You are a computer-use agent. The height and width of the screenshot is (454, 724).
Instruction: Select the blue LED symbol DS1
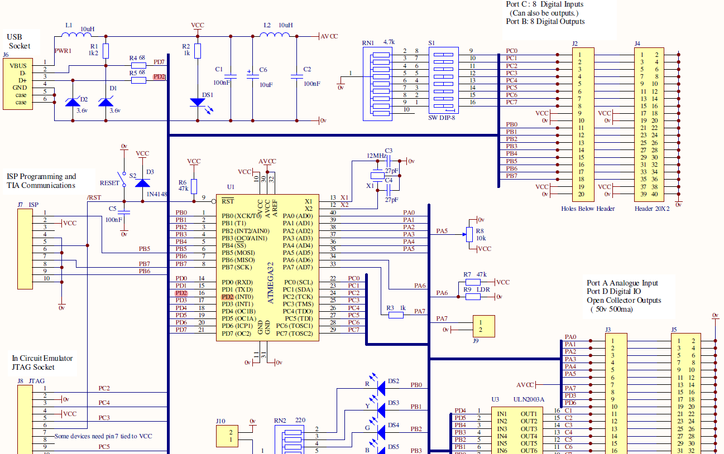click(x=198, y=103)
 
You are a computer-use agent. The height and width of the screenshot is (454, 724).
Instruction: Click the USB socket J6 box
click(x=21, y=84)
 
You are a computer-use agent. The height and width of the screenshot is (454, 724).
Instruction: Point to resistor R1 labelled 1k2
click(x=106, y=51)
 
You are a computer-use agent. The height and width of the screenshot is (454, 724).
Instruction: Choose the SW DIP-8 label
click(x=442, y=118)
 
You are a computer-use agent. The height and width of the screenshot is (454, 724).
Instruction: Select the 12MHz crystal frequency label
click(x=376, y=156)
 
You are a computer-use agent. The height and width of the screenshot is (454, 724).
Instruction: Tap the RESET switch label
click(x=109, y=183)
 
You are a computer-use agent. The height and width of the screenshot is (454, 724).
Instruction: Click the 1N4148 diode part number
click(x=157, y=194)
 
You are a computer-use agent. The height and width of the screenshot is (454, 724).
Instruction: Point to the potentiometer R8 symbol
click(x=469, y=234)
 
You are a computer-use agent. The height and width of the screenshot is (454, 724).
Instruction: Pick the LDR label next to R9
click(x=483, y=289)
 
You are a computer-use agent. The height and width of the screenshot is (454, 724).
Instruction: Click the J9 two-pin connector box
click(x=483, y=326)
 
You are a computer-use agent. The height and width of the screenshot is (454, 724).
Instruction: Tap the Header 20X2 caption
click(x=653, y=209)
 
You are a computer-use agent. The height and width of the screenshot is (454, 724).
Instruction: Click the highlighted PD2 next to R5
click(x=159, y=77)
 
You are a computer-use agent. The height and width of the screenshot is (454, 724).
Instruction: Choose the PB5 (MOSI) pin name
click(x=237, y=253)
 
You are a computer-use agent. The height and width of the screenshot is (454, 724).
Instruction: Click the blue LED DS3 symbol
click(x=382, y=410)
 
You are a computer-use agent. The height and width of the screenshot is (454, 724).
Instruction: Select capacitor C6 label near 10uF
click(x=263, y=70)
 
